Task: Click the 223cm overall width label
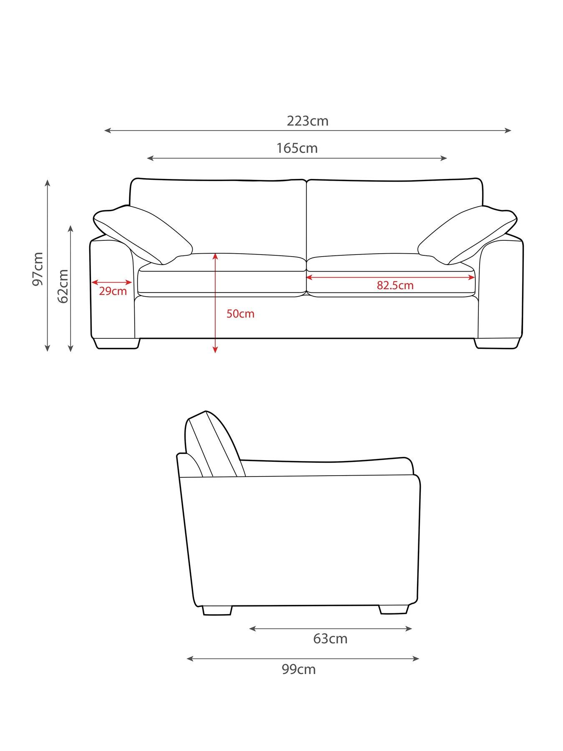307,121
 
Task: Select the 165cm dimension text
297,148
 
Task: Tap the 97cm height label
38,269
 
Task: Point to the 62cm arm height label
63,286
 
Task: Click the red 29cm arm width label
113,291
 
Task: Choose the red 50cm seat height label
240,314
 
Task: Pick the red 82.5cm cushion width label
395,285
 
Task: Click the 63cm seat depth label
330,639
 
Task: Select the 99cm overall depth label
299,669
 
